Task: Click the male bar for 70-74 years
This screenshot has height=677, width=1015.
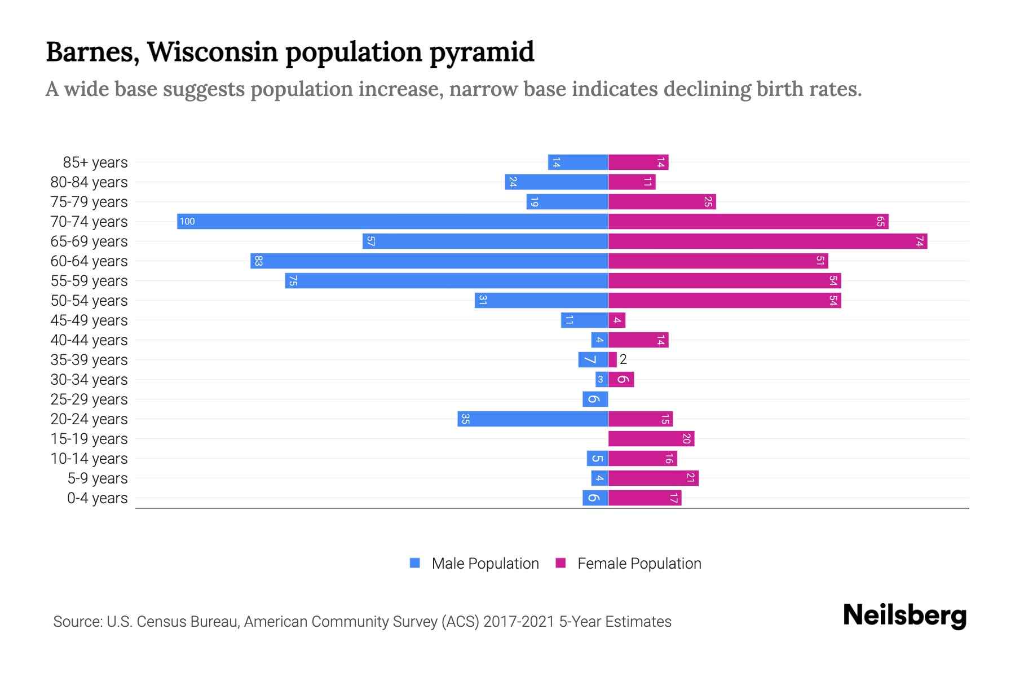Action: [392, 221]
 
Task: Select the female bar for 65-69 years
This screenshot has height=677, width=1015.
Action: [767, 241]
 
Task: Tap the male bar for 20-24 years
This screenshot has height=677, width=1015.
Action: [533, 419]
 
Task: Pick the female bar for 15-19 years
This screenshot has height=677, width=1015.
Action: [651, 439]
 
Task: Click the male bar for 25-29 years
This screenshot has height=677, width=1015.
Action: [595, 399]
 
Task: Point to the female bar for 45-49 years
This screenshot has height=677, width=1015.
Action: [617, 320]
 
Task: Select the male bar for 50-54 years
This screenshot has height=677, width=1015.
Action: [541, 301]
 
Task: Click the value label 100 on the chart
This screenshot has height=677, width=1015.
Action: [187, 222]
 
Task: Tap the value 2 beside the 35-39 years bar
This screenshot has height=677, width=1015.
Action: [623, 359]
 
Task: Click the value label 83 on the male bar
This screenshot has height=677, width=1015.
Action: [258, 261]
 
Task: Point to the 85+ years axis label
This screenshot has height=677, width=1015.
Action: [95, 162]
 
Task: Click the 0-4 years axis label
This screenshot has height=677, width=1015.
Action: [97, 498]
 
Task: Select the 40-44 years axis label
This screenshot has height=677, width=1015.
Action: [89, 340]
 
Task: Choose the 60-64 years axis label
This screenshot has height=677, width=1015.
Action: [89, 261]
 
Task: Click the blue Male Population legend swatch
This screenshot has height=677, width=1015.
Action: [415, 563]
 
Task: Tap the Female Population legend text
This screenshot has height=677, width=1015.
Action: [639, 564]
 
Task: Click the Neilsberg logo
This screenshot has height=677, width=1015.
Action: [904, 616]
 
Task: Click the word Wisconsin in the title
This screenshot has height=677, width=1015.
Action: [213, 52]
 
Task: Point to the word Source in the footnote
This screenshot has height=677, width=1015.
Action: [77, 622]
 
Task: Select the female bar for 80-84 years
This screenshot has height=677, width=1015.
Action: [632, 182]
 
